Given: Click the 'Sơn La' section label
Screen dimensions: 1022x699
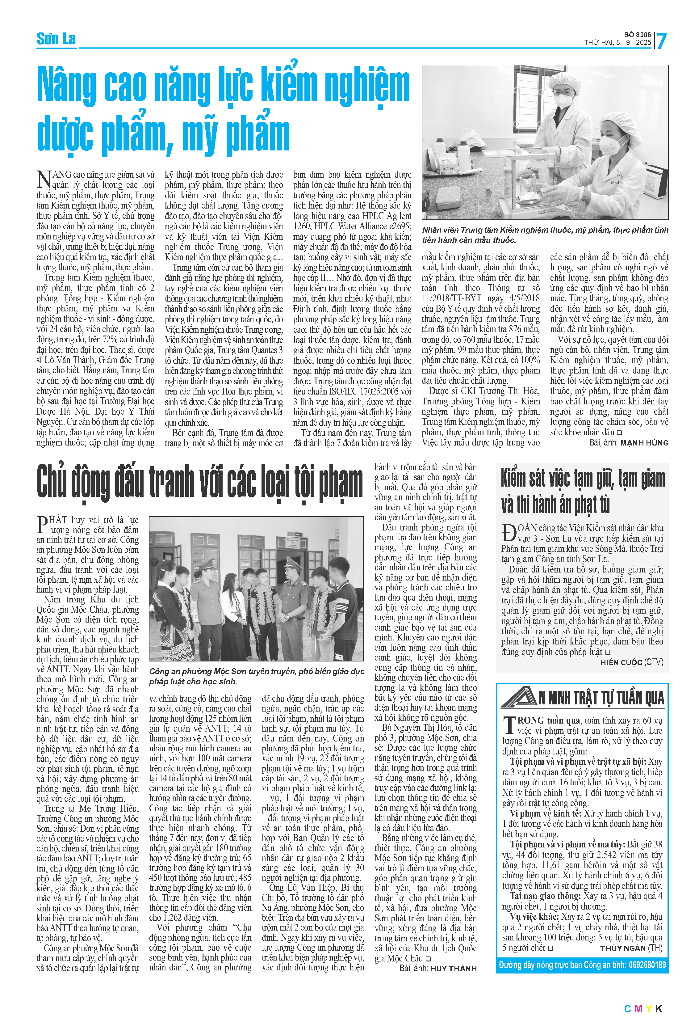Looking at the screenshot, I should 56,39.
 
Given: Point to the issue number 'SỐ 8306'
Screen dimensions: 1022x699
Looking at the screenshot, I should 638,34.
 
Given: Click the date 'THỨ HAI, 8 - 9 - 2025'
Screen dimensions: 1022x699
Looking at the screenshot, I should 617,43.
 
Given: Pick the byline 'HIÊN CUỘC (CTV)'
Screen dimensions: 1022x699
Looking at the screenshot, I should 632,662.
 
